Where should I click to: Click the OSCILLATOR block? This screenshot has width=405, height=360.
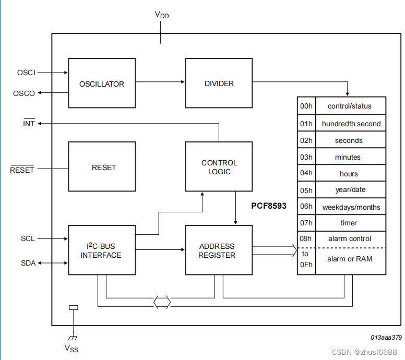pyautogui.click(x=102, y=83)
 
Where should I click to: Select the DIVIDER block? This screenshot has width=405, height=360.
pyautogui.click(x=219, y=83)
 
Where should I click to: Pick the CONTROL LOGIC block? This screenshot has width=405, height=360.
pyautogui.click(x=219, y=167)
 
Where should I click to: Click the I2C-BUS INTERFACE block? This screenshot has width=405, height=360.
pyautogui.click(x=101, y=250)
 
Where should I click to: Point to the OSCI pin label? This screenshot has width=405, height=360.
pyautogui.click(x=26, y=73)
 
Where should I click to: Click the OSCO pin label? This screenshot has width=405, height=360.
pyautogui.click(x=25, y=93)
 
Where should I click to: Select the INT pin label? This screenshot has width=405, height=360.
pyautogui.click(x=29, y=124)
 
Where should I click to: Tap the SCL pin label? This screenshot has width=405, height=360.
pyautogui.click(x=28, y=238)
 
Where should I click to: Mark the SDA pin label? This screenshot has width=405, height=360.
pyautogui.click(x=28, y=263)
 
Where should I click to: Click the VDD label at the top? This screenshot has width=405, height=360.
pyautogui.click(x=161, y=15)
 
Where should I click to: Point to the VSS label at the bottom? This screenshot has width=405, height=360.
pyautogui.click(x=72, y=348)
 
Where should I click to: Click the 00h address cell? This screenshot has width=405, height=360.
pyautogui.click(x=306, y=106)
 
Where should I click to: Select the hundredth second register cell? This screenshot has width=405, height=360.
pyautogui.click(x=351, y=124)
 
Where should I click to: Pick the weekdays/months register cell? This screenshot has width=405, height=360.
pyautogui.click(x=351, y=207)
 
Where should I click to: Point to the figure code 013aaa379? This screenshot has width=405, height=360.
pyautogui.click(x=386, y=338)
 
